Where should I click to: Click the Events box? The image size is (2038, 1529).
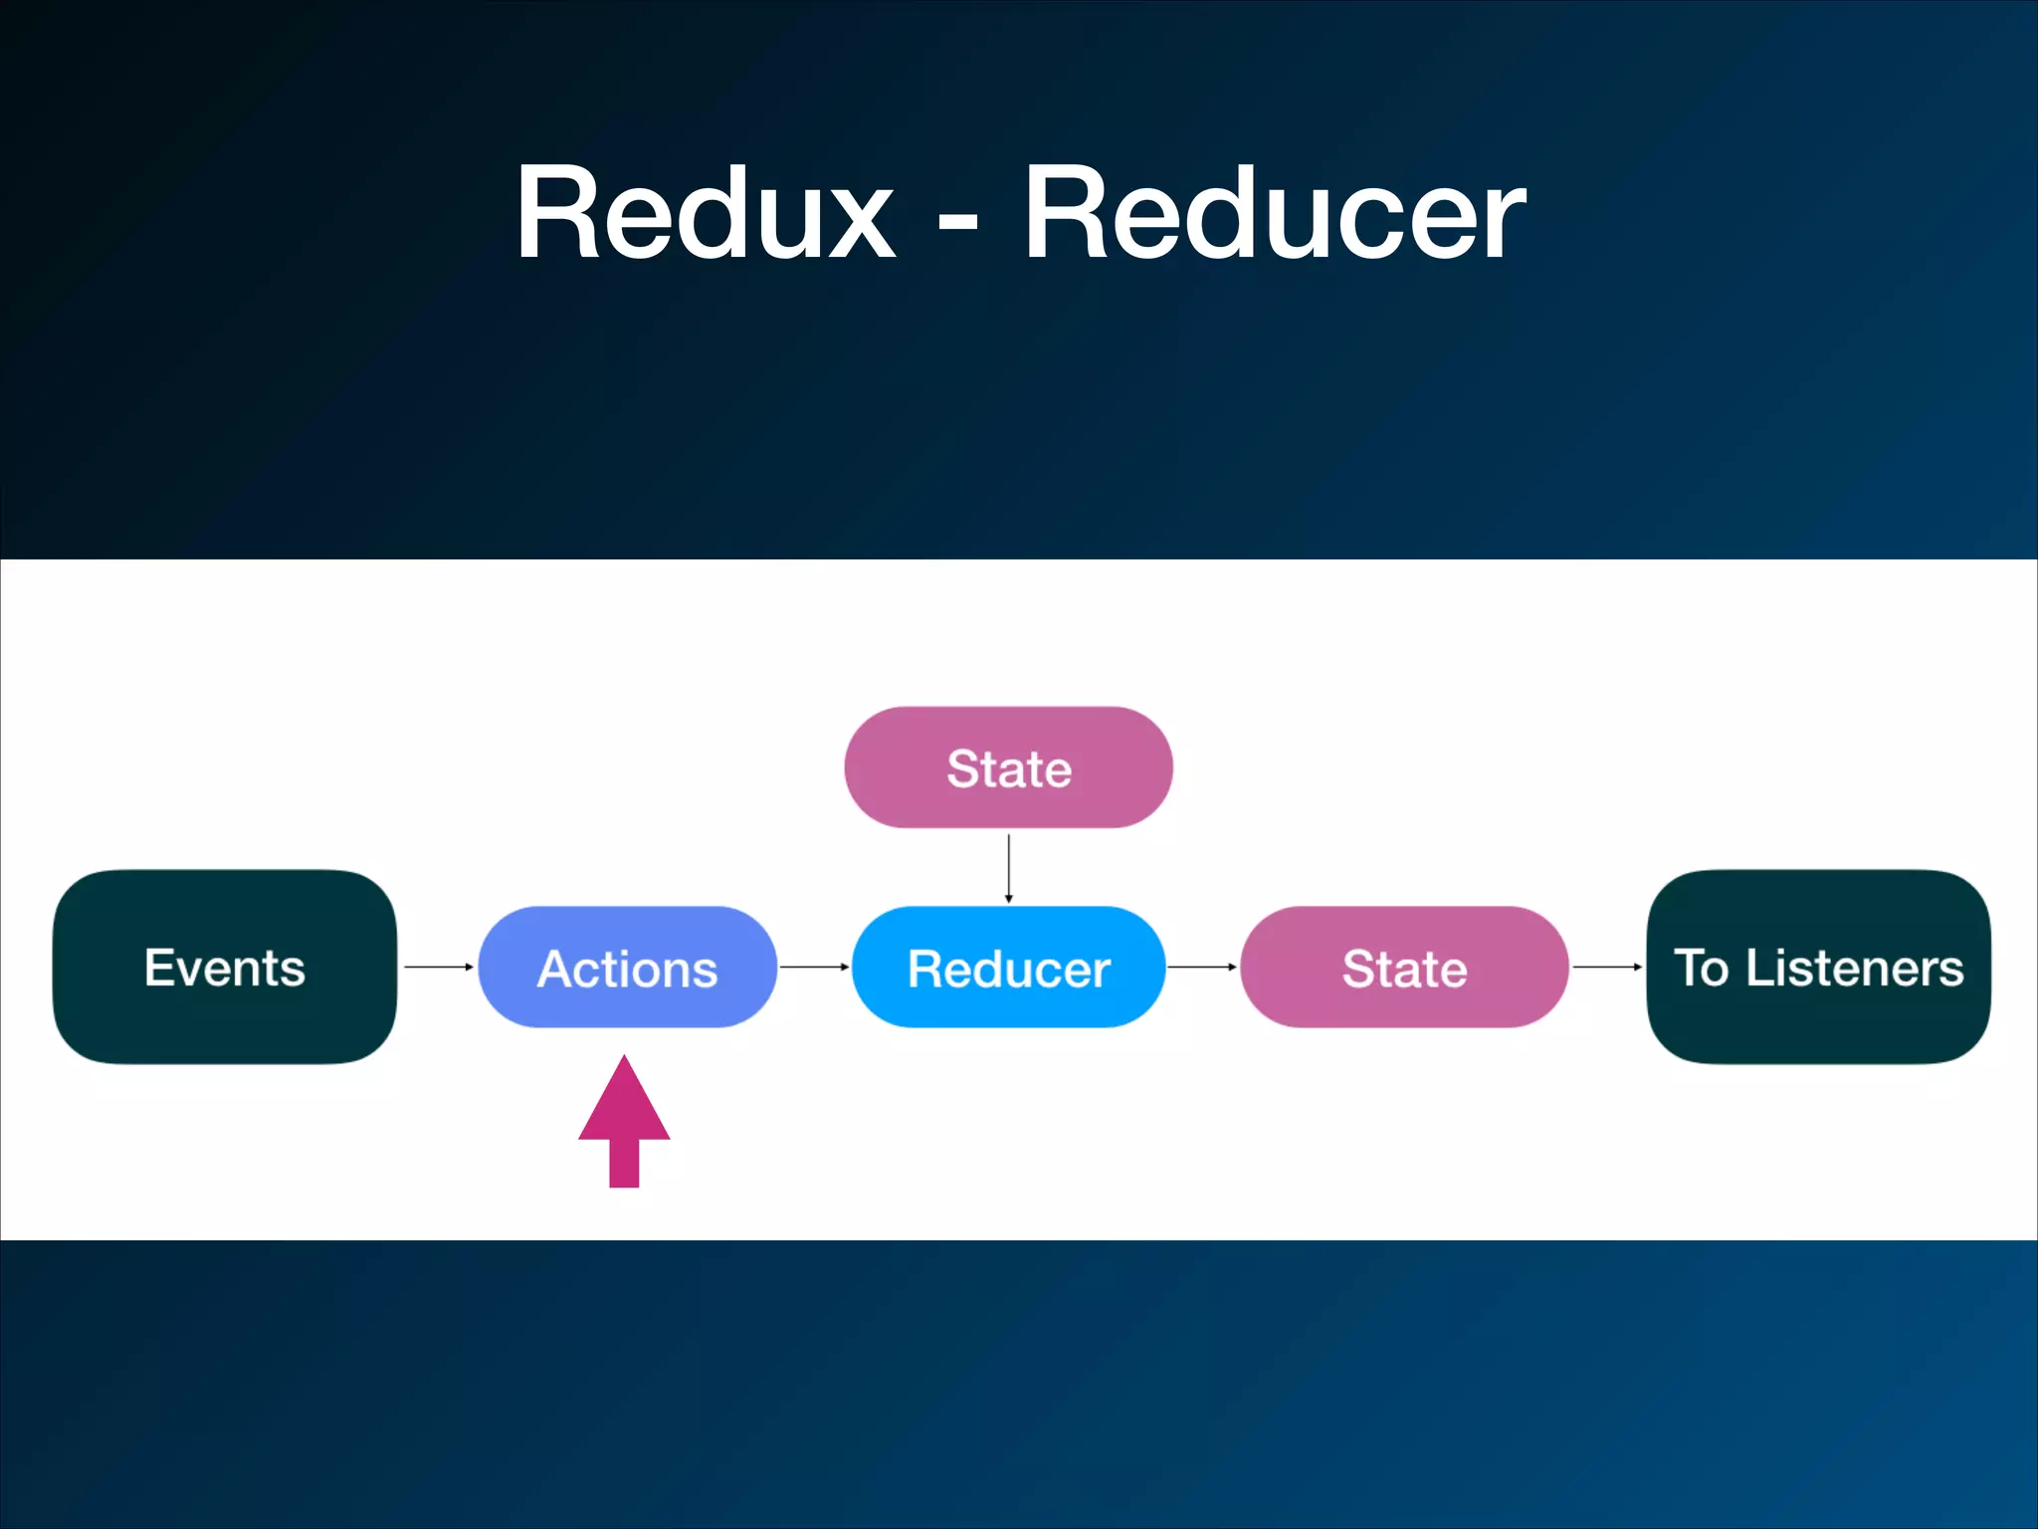click(225, 967)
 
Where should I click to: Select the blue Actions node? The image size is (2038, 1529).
click(627, 967)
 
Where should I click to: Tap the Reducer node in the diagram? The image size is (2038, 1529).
click(1008, 967)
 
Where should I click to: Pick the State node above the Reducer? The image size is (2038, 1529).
click(1008, 767)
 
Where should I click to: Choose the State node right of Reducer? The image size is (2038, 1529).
click(1404, 967)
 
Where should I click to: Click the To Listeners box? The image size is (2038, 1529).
click(1818, 967)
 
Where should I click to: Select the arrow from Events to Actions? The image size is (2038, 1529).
click(438, 967)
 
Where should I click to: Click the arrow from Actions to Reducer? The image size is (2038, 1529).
click(814, 967)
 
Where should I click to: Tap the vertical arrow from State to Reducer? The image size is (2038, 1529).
click(1008, 868)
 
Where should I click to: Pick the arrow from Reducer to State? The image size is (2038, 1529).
click(1202, 967)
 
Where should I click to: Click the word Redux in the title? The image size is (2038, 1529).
click(705, 214)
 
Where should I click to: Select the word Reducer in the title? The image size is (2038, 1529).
click(1274, 214)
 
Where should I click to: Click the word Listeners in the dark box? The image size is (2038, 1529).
click(1855, 968)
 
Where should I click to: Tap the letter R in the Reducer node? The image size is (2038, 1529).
click(925, 969)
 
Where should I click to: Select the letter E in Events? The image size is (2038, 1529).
click(159, 967)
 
